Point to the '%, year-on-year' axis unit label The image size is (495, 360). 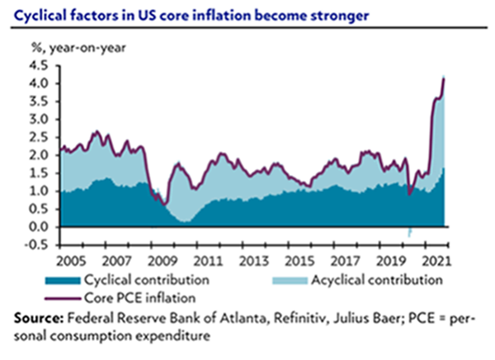78,47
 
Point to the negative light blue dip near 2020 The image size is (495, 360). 409,234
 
